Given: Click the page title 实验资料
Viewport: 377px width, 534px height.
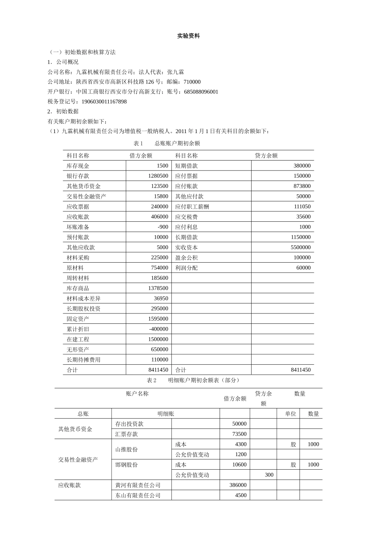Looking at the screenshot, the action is [x=188, y=36].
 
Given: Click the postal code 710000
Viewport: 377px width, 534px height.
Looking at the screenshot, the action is [x=192, y=82].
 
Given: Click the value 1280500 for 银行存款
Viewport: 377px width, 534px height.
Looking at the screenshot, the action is [x=158, y=176].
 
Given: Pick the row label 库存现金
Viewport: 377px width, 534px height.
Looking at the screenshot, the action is [x=78, y=166].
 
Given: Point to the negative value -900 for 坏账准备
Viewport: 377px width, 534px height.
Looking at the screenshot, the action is [x=163, y=227].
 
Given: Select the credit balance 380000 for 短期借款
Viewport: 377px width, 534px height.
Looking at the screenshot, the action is [x=302, y=166].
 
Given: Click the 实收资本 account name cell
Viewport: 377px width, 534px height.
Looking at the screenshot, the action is [x=186, y=248].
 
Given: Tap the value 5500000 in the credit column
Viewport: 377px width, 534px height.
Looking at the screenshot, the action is [x=300, y=248].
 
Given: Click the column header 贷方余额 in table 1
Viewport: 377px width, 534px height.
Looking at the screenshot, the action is [x=266, y=156].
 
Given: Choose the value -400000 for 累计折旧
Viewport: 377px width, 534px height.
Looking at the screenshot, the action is [x=159, y=329].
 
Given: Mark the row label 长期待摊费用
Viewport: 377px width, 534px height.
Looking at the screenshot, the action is [x=83, y=360].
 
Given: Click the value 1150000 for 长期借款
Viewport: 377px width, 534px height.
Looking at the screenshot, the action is [x=300, y=237].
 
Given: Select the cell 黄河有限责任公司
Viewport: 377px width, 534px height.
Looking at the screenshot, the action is [x=138, y=485].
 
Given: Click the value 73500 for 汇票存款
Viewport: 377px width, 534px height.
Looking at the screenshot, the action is [x=239, y=434].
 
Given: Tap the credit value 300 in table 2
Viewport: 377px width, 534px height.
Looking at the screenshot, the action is [x=269, y=475].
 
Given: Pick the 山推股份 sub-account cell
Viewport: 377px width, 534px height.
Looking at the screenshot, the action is [x=127, y=449].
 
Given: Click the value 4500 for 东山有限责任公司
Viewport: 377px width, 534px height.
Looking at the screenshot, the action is [x=240, y=495].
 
